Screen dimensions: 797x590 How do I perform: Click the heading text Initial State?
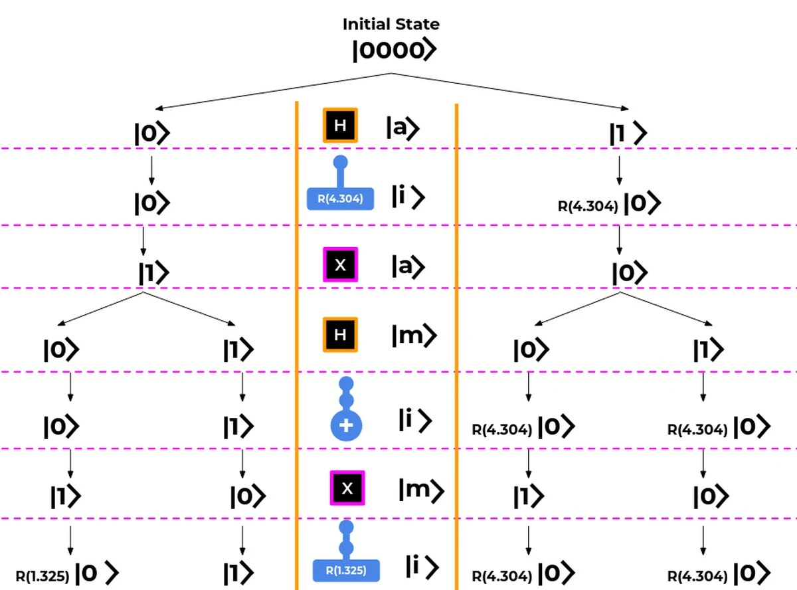391,25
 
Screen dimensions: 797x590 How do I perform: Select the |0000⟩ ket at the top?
395,50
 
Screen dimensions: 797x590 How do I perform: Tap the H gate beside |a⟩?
340,125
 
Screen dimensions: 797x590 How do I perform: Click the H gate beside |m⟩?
340,334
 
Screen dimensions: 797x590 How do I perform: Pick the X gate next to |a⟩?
340,264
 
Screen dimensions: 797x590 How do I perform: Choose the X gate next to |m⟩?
347,488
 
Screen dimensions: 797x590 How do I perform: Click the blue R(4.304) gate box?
340,199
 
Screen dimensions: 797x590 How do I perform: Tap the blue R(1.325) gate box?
346,570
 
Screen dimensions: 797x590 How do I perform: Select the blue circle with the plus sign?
346,425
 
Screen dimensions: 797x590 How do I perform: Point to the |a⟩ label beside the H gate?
402,128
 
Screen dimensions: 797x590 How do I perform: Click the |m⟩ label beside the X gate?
422,490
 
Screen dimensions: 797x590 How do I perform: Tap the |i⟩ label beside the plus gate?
415,420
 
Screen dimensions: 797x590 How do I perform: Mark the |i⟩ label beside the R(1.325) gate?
422,567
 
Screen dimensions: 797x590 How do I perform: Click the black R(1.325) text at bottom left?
42,576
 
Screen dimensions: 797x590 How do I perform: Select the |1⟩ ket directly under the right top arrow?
628,133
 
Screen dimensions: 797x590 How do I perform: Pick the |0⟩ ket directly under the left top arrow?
151,134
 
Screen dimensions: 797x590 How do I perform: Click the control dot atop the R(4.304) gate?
340,162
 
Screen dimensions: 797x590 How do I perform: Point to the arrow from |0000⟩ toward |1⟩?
510,91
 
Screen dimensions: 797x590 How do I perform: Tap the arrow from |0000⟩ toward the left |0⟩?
273,91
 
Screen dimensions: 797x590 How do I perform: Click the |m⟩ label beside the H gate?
414,336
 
